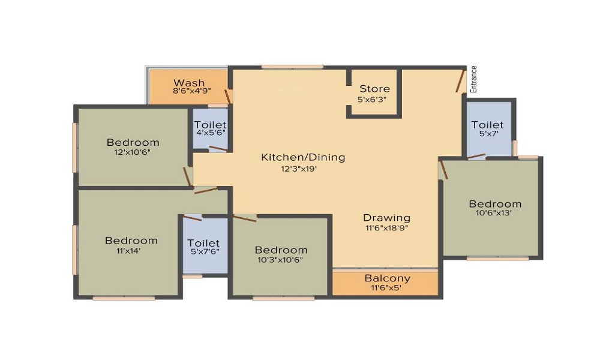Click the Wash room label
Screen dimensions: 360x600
[x=189, y=83]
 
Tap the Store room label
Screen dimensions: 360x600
[x=374, y=89]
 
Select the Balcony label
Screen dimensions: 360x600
[x=388, y=278]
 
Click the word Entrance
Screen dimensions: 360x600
[x=473, y=79]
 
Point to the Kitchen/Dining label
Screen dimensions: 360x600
[x=303, y=157]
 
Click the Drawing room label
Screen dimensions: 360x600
[x=386, y=218]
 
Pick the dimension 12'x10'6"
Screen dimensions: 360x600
[x=133, y=152]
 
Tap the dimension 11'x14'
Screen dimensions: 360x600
[x=131, y=251]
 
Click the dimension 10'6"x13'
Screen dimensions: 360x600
[x=495, y=213]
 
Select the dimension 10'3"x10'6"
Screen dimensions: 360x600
[x=281, y=260]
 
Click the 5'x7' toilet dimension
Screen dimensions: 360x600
[x=487, y=134]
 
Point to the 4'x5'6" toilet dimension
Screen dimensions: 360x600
[x=210, y=134]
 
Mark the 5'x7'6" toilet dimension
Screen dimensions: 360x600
[x=204, y=253]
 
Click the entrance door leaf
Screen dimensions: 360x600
[x=460, y=82]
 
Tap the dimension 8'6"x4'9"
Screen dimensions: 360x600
[x=189, y=92]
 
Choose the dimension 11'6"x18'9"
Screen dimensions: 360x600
[x=386, y=227]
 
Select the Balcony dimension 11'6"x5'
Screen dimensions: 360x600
[x=385, y=288]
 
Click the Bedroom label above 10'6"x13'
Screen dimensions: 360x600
[x=495, y=203]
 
